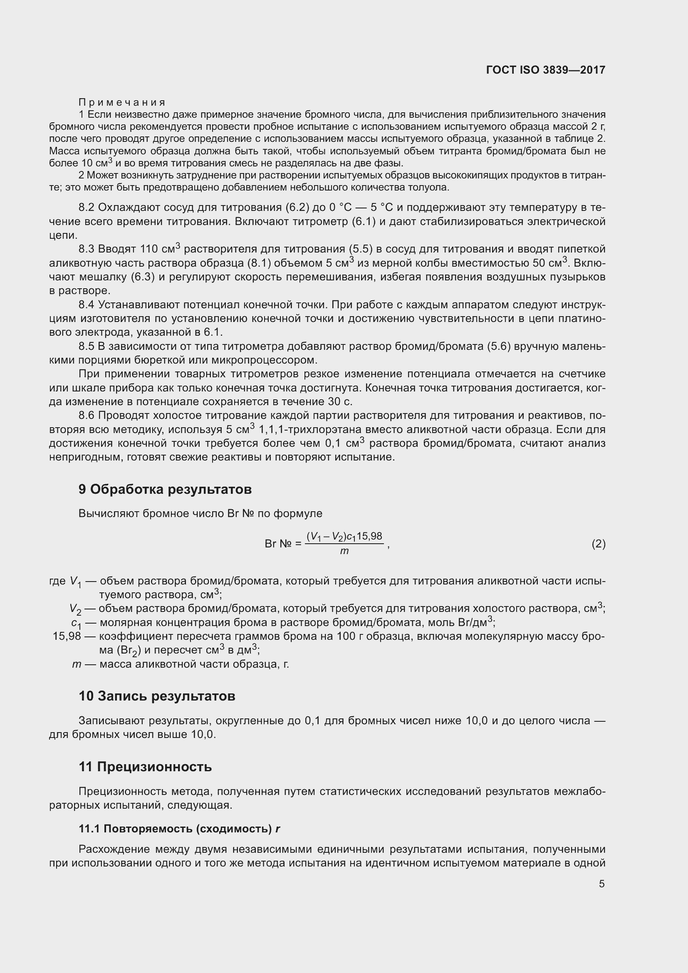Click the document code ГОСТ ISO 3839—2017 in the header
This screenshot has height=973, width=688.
point(546,70)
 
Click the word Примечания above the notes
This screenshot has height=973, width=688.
point(122,102)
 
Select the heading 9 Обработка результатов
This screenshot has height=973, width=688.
point(165,490)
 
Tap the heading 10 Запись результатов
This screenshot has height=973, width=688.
point(157,696)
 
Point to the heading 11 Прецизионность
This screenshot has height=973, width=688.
point(145,767)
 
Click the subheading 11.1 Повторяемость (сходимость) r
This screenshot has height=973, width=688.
point(180,829)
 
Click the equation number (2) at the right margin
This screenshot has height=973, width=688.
point(598,544)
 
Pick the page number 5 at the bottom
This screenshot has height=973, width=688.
point(601,884)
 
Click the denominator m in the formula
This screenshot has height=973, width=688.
point(344,552)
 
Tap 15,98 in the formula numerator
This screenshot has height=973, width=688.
point(369,537)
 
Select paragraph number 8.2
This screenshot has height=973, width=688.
point(87,208)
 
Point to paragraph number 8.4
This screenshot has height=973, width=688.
point(87,305)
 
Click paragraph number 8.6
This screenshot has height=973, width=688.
point(87,416)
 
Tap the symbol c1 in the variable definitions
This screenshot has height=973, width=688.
point(76,624)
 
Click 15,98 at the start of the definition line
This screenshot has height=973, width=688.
point(67,636)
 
